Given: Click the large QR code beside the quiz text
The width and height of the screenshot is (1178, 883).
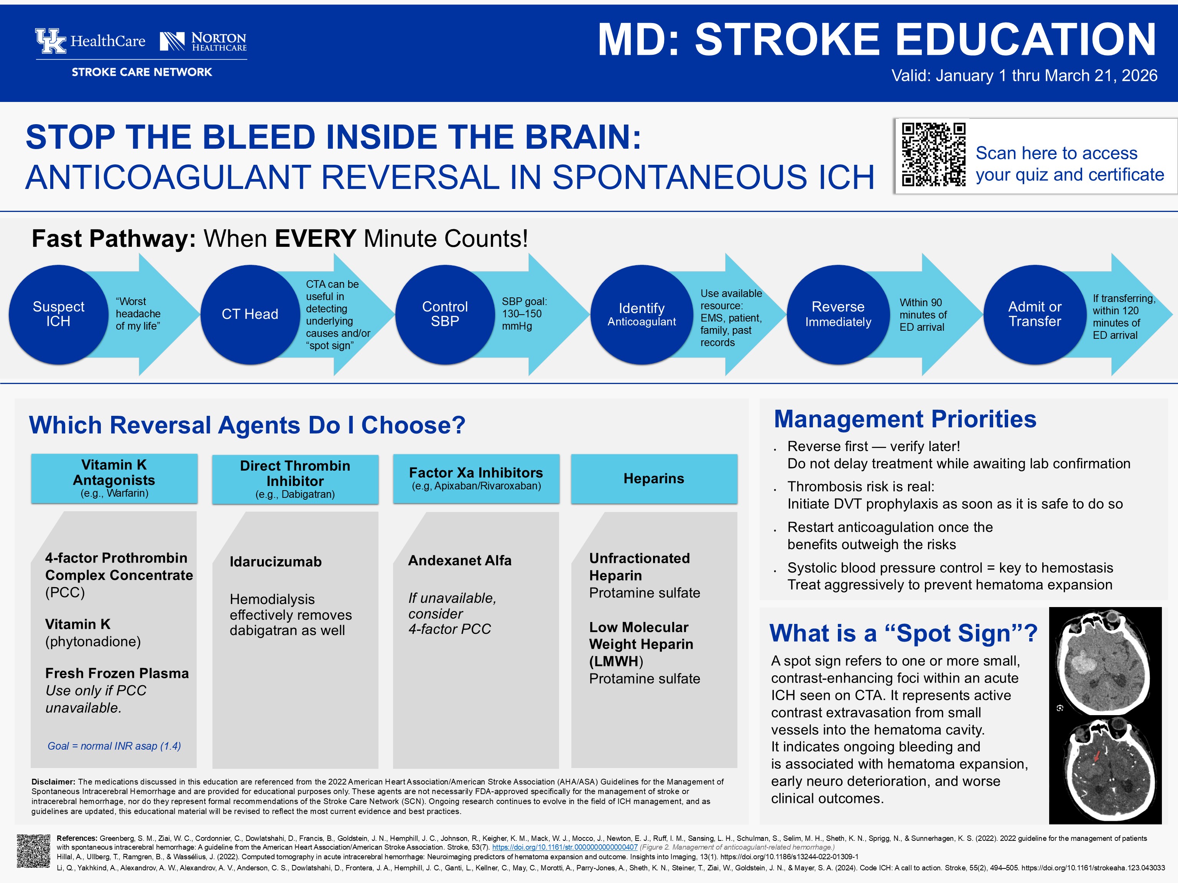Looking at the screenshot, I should (933, 154).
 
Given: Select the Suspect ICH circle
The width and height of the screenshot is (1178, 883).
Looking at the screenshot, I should (59, 314).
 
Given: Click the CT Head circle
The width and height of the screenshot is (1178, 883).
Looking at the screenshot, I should (250, 314).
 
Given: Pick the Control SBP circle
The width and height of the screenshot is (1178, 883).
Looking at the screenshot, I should (445, 314).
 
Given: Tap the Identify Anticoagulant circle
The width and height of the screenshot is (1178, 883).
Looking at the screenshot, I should (641, 314).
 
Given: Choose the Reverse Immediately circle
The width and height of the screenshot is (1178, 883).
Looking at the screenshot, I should (838, 314).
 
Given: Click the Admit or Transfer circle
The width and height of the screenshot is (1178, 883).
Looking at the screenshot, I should (1034, 314).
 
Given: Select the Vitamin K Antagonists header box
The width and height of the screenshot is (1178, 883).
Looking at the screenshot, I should (114, 478).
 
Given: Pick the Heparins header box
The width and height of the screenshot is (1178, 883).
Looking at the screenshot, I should (654, 478).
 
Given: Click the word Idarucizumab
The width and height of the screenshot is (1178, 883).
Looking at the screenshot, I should (275, 561).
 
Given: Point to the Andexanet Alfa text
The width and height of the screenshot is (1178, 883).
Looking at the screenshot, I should (460, 560).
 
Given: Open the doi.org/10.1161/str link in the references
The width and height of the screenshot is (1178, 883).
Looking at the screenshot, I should (564, 847).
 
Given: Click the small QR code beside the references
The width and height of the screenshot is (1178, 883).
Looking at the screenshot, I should (33, 851).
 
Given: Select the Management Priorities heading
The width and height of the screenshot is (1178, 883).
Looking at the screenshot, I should (905, 419).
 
